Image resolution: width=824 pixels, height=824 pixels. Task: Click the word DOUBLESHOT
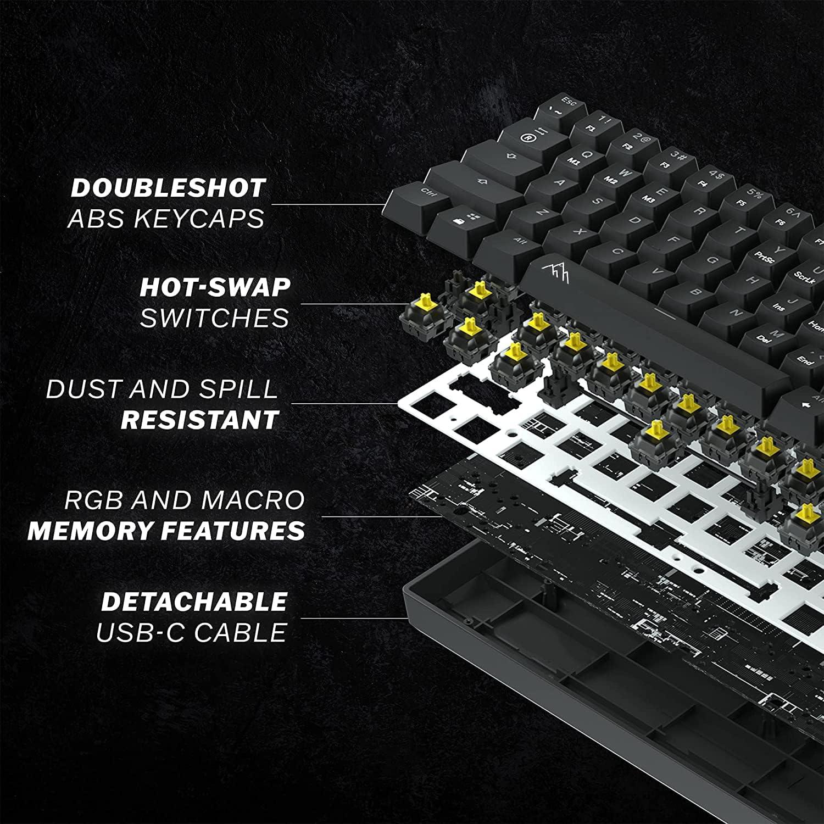click(x=168, y=188)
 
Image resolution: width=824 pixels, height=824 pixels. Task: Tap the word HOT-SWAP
click(x=215, y=287)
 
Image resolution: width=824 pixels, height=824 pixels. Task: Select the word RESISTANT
click(x=199, y=420)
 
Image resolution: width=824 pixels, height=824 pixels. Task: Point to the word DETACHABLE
click(x=194, y=602)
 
